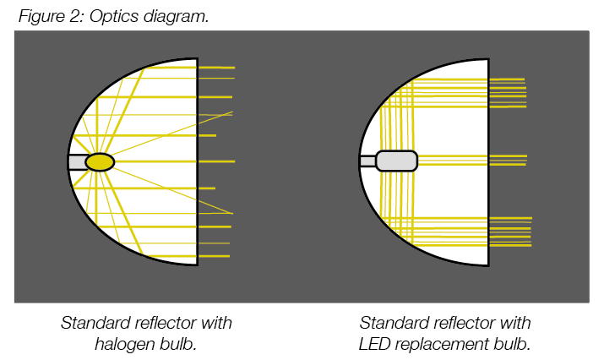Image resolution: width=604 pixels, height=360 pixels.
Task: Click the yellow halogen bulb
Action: (x=100, y=161)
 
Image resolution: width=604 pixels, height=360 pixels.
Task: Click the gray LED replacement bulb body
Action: (x=396, y=161)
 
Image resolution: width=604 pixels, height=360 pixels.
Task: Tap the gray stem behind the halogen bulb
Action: (x=77, y=161)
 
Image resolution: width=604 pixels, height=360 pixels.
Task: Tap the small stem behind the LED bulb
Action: (x=367, y=161)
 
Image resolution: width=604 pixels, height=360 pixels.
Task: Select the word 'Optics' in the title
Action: (x=112, y=17)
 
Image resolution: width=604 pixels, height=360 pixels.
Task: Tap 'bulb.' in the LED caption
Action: (x=512, y=344)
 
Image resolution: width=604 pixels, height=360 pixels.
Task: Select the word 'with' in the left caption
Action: (x=216, y=323)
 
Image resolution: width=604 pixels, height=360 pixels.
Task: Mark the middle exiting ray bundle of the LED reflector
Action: (x=508, y=160)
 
